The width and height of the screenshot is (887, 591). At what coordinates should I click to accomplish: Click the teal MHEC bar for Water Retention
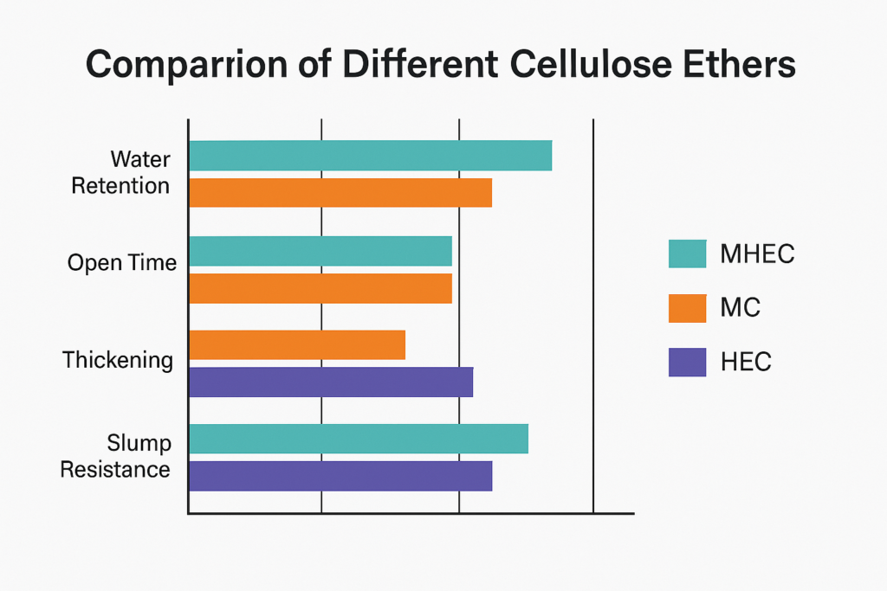(x=370, y=155)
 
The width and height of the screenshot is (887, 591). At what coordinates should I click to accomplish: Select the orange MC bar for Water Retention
(x=340, y=193)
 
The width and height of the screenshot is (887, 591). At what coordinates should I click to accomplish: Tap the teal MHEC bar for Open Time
(x=320, y=251)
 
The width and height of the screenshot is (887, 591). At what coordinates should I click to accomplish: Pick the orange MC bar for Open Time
(x=320, y=288)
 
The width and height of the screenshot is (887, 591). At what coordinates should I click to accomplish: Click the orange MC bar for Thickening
(x=297, y=345)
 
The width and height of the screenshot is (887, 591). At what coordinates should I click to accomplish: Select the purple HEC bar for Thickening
(x=331, y=382)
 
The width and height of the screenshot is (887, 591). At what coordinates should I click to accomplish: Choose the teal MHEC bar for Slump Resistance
(x=359, y=439)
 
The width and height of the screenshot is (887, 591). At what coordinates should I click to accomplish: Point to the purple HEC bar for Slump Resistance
(x=340, y=476)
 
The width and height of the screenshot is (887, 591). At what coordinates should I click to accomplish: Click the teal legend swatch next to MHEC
(x=688, y=254)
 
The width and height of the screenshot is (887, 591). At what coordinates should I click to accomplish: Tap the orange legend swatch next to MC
(x=688, y=307)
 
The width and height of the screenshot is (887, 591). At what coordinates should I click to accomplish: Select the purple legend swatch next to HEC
(x=688, y=361)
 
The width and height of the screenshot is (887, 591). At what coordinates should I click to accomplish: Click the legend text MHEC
(x=757, y=254)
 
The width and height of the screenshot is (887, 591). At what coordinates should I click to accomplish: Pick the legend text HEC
(x=746, y=362)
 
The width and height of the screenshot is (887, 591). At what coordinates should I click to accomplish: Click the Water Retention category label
(x=121, y=173)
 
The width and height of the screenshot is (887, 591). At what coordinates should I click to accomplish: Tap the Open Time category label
(x=121, y=263)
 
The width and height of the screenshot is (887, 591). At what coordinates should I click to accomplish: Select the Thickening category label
(x=118, y=360)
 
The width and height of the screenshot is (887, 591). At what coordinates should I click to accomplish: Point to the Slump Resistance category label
(x=121, y=456)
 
